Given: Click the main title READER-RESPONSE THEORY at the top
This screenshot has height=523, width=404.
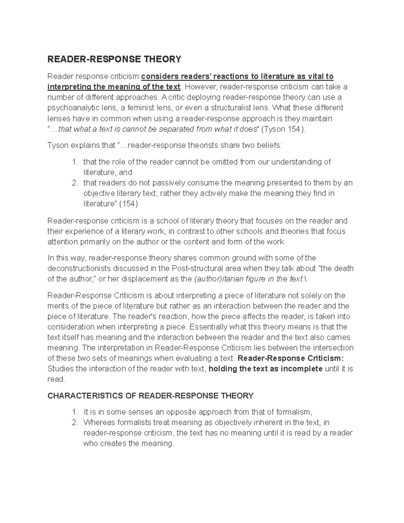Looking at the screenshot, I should [x=114, y=60].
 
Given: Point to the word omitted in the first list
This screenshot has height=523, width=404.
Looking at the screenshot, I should [x=225, y=162].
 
